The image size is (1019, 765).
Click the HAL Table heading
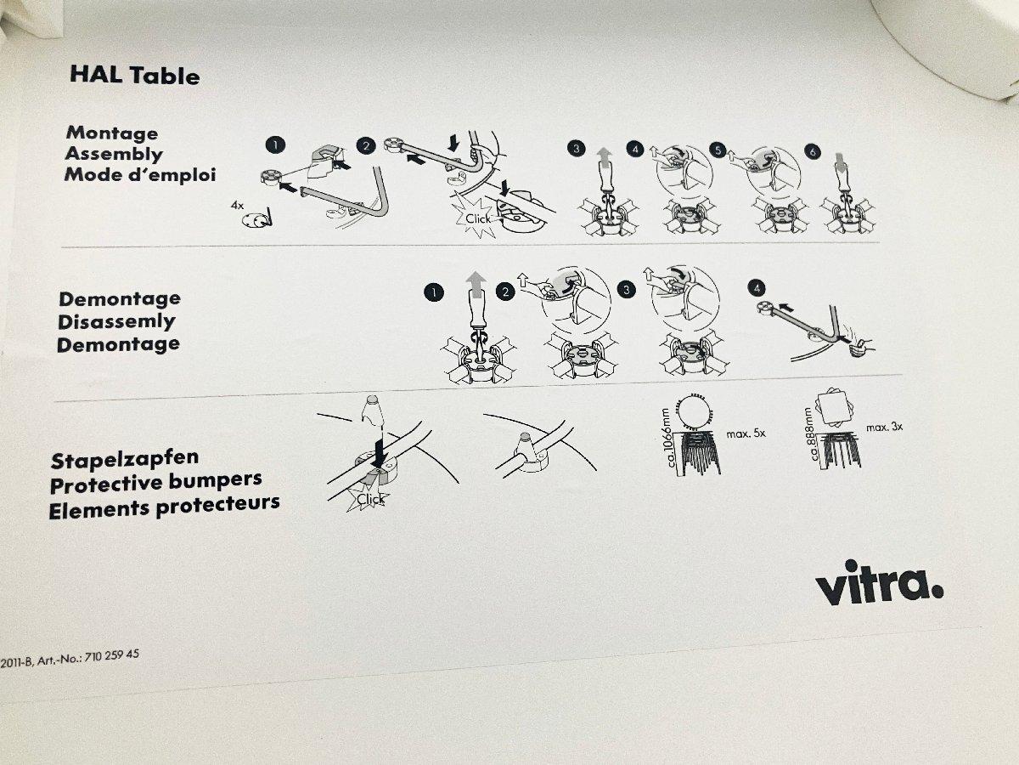point(135,76)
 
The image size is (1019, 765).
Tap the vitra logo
point(879,583)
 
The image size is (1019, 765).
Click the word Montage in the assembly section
point(112,133)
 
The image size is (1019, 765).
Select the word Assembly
point(114,154)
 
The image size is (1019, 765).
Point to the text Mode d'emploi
point(140,174)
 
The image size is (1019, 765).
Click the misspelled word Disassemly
point(116,322)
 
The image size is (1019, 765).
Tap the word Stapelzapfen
point(125,459)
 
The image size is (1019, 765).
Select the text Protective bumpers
point(156,483)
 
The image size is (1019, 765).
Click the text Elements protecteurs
point(165,507)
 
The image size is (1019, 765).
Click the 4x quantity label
point(237,205)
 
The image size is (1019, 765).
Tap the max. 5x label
point(746,433)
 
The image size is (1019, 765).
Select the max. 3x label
point(884,427)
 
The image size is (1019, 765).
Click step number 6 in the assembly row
point(813,151)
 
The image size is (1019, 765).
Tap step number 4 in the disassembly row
point(757,288)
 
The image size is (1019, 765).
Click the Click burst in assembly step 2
point(476,218)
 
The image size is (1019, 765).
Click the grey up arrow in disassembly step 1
point(476,285)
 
